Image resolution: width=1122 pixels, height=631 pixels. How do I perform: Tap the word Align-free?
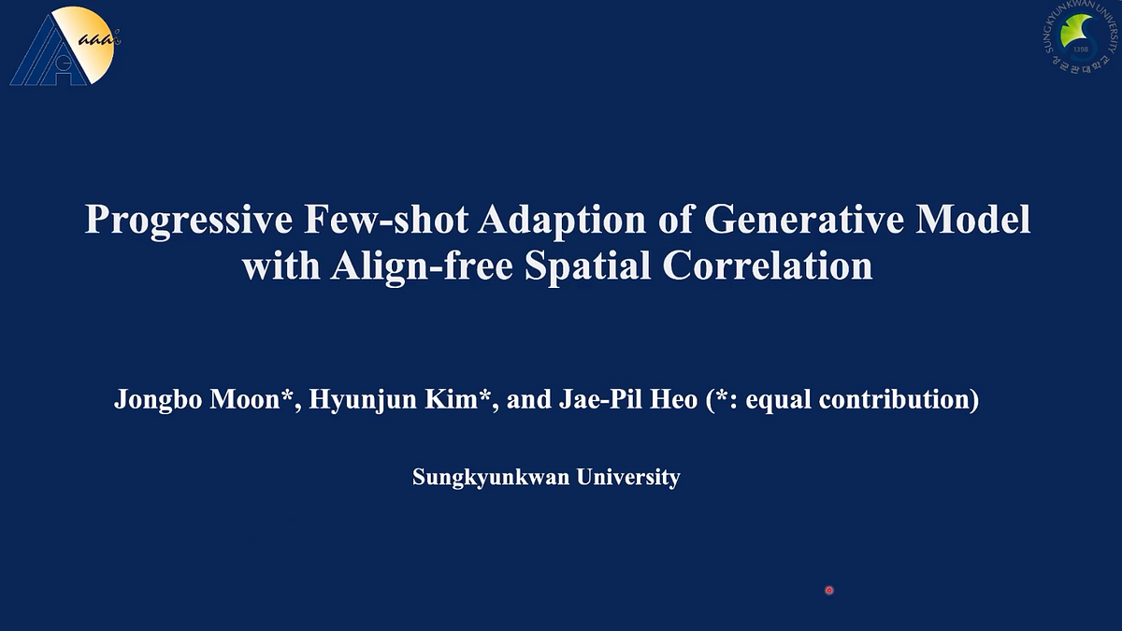tap(421, 265)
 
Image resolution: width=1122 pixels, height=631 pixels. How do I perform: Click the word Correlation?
tap(768, 265)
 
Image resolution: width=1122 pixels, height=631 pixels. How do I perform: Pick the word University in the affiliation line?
tap(628, 478)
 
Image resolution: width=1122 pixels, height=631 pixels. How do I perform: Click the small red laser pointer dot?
tap(828, 590)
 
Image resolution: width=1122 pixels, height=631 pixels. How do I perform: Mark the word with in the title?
tap(279, 265)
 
